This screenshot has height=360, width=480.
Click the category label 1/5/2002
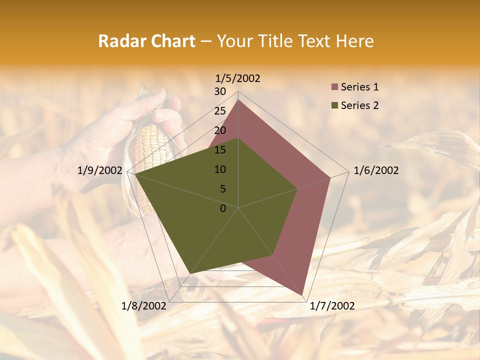pos(238,78)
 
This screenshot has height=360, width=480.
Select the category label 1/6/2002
pos(376,170)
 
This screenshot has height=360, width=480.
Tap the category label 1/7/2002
pos(332,306)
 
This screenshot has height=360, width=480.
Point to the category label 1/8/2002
pos(143,306)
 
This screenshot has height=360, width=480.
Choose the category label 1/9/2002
pos(99,170)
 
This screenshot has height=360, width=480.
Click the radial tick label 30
pos(220,91)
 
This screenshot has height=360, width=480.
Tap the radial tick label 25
pos(220,111)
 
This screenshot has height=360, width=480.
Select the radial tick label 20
pos(220,130)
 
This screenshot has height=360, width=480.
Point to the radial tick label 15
pos(220,150)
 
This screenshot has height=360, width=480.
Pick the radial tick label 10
pos(220,169)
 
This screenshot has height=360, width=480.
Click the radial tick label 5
pos(222,189)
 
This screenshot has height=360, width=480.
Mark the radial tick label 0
pos(223,208)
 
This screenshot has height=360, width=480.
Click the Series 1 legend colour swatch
pos(334,87)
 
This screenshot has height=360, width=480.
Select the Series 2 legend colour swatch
pos(334,105)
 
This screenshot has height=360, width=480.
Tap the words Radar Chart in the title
pos(146,41)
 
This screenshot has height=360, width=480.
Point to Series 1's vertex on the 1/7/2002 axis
pos(303,295)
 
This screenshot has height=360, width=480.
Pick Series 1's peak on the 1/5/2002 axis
pos(238,100)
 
